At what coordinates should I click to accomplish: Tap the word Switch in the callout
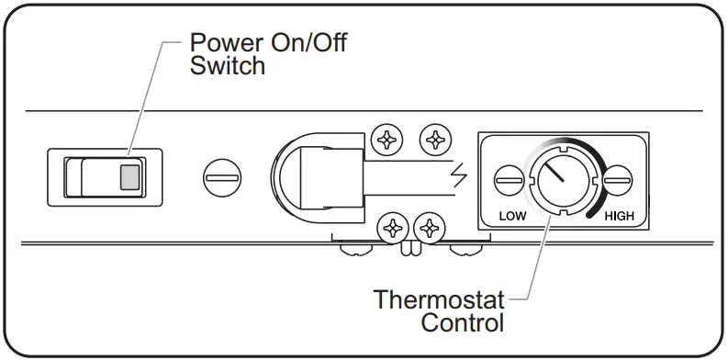pos(228,66)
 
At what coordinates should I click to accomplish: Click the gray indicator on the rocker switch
pos(130,176)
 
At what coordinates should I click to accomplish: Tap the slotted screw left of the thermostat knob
pos(506,179)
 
